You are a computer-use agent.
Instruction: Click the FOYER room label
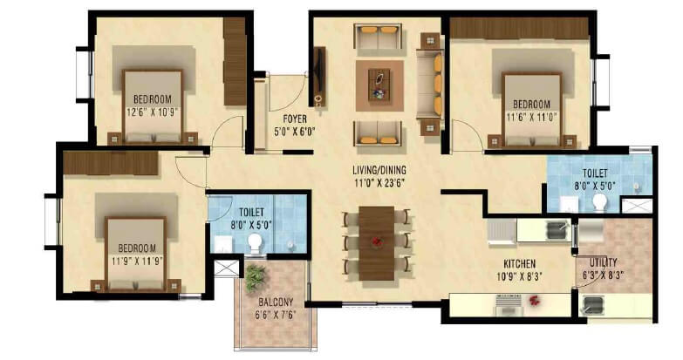click(x=294, y=119)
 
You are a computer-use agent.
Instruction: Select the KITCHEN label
click(x=519, y=264)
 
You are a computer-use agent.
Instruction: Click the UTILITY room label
click(x=603, y=262)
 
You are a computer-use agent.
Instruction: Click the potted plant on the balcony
click(x=254, y=278)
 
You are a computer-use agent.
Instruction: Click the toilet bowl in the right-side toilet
click(x=600, y=202)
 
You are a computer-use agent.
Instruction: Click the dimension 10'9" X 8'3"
click(x=519, y=276)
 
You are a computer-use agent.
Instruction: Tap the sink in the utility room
click(x=593, y=304)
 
